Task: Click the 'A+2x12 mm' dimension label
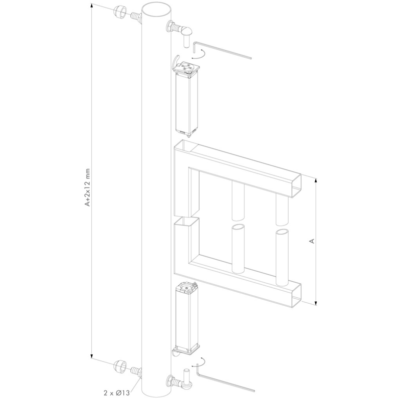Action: tap(88, 187)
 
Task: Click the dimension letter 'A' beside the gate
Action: tap(311, 241)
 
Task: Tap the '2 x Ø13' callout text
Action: tap(117, 393)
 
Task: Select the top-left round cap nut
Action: tap(120, 12)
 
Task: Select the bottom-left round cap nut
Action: tap(119, 366)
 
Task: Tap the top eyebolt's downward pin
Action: tap(186, 41)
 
